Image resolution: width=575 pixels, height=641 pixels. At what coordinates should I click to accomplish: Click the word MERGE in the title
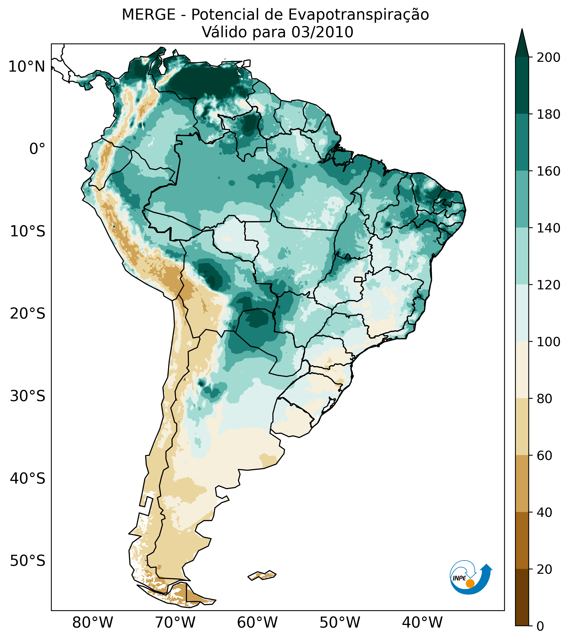[x=148, y=15]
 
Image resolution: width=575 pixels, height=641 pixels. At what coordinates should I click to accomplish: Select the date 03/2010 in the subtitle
[x=322, y=32]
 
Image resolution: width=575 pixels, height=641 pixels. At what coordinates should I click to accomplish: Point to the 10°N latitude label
[x=27, y=67]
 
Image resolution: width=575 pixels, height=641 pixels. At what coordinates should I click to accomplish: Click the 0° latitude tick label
[x=37, y=149]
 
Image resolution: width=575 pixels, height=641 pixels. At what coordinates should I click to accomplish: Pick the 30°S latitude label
[x=28, y=396]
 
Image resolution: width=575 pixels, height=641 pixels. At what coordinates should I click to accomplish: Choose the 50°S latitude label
[x=28, y=561]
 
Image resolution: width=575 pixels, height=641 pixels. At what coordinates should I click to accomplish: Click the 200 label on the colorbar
[x=548, y=57]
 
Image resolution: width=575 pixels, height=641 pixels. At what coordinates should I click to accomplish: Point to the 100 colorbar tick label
[x=548, y=342]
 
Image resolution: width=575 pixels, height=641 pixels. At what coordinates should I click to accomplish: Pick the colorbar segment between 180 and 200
[x=522, y=85]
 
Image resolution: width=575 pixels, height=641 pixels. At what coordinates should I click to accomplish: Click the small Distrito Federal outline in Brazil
[x=358, y=279]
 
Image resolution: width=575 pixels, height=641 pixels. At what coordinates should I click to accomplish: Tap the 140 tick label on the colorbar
[x=548, y=228]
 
